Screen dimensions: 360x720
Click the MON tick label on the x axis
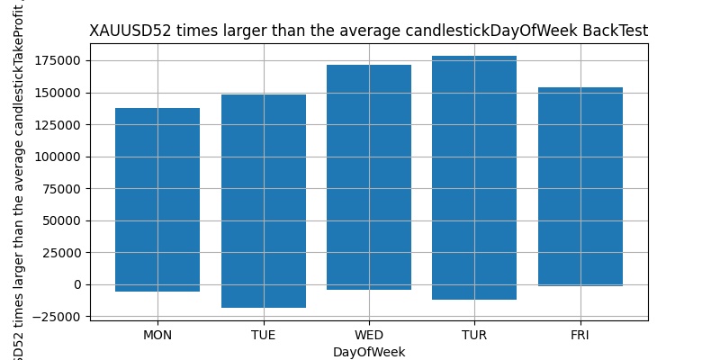[x=157, y=335]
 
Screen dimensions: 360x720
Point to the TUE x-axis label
[x=264, y=335]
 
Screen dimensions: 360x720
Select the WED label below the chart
[x=369, y=335]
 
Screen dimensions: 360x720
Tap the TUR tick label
[x=474, y=335]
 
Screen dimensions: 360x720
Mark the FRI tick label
[x=580, y=335]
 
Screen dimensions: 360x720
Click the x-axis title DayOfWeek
[x=369, y=352]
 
